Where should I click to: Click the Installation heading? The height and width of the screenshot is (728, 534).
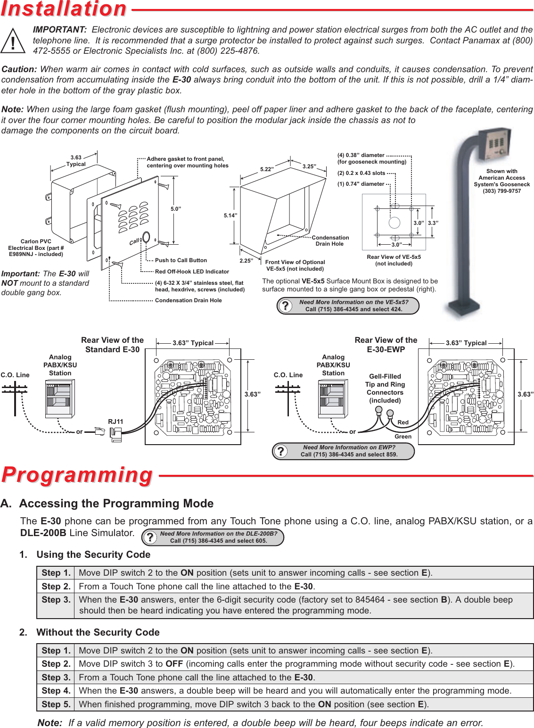pyautogui.click(x=64, y=9)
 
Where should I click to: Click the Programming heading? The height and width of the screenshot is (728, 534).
pyautogui.click(x=77, y=475)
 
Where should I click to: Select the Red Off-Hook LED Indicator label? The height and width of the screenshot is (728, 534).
pyautogui.click(x=192, y=272)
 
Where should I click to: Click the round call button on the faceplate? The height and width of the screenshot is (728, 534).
pyautogui.click(x=146, y=237)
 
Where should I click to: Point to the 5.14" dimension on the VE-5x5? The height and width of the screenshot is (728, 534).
pyautogui.click(x=230, y=215)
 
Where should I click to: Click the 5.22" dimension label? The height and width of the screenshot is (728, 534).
pyautogui.click(x=267, y=169)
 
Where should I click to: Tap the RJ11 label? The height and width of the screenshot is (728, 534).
pyautogui.click(x=115, y=422)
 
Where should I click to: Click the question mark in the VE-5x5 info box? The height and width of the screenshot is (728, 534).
pyautogui.click(x=285, y=306)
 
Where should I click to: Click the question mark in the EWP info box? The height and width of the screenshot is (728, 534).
pyautogui.click(x=281, y=451)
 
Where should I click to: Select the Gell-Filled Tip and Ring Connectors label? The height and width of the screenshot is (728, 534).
pyautogui.click(x=385, y=389)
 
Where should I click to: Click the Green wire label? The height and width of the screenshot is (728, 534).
pyautogui.click(x=403, y=437)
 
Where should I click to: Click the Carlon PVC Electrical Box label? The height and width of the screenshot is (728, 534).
pyautogui.click(x=36, y=248)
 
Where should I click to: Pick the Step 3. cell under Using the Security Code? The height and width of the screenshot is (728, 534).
pyautogui.click(x=56, y=600)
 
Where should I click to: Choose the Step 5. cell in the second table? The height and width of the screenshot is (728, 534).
pyautogui.click(x=56, y=704)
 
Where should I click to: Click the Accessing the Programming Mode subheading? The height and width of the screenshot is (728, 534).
pyautogui.click(x=116, y=504)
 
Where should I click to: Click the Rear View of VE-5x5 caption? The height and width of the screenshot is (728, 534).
pyautogui.click(x=394, y=260)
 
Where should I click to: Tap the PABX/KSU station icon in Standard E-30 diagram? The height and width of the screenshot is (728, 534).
pyautogui.click(x=60, y=399)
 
